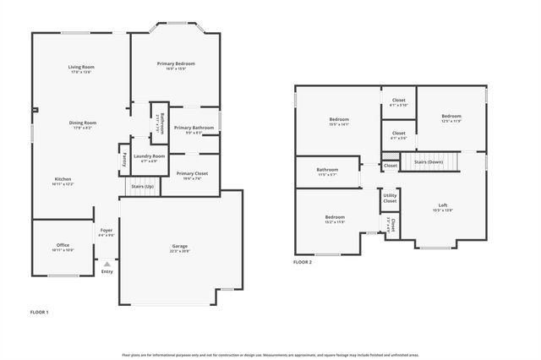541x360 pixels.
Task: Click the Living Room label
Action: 81,67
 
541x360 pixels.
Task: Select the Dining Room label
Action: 82,123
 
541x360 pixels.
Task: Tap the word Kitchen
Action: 63,179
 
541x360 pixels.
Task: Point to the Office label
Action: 63,246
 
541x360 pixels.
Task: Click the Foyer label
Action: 107,230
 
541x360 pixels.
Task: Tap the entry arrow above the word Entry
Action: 107,264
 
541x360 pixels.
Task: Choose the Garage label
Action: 179,246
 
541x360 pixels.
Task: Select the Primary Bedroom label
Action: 176,63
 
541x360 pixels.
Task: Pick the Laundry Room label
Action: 149,155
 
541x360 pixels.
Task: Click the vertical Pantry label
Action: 123,157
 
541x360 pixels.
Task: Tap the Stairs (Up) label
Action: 143,185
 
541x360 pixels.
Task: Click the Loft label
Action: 442,205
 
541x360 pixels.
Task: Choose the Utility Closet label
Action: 390,199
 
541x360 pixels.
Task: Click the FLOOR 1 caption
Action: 39,313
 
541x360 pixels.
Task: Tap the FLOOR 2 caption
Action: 303,263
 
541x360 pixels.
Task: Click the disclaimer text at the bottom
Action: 270,354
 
